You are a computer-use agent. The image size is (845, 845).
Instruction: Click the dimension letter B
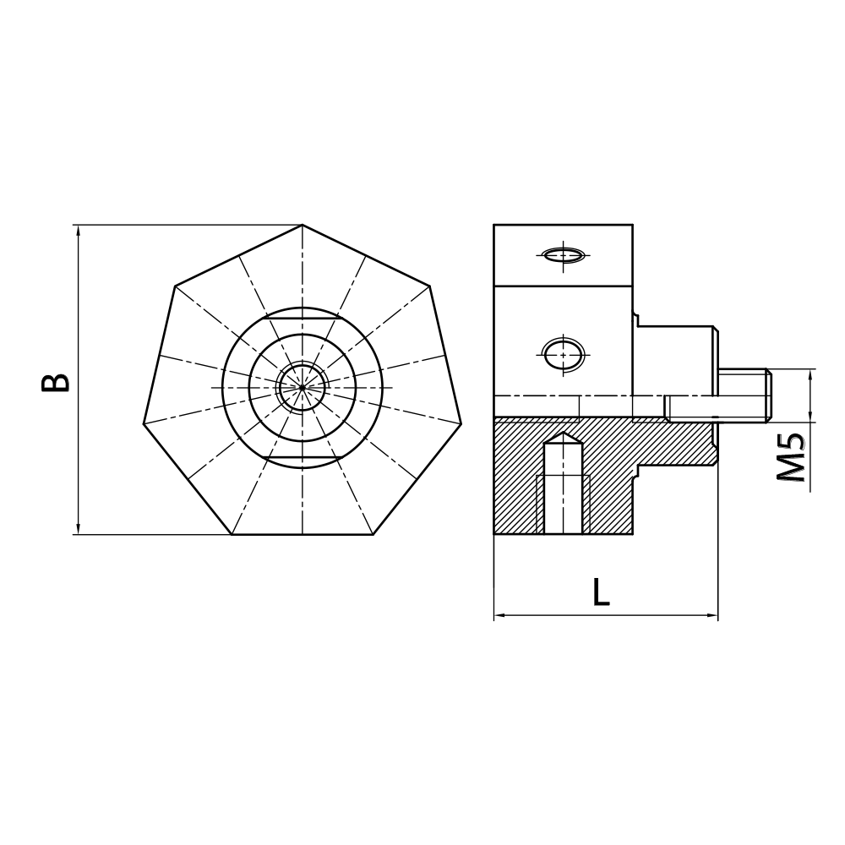pyautogui.click(x=56, y=382)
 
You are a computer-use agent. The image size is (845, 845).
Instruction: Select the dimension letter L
pyautogui.click(x=600, y=592)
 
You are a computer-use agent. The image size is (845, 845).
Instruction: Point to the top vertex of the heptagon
pyautogui.click(x=303, y=225)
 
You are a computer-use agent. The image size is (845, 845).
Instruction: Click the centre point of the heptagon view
pyautogui.click(x=303, y=387)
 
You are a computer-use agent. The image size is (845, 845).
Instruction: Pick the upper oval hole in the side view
pyautogui.click(x=563, y=254)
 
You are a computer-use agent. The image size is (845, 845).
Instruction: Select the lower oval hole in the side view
pyautogui.click(x=563, y=354)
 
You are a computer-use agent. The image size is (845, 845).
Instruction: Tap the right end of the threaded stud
pyautogui.click(x=769, y=395)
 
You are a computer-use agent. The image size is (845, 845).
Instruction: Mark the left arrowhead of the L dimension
pyautogui.click(x=499, y=615)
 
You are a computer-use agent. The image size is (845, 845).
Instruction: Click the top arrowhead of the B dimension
pyautogui.click(x=78, y=231)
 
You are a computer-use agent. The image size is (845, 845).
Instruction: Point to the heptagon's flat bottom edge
pyautogui.click(x=303, y=534)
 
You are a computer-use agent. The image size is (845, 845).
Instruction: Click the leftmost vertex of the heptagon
pyautogui.click(x=144, y=422)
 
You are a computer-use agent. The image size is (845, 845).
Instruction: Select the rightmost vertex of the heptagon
pyautogui.click(x=461, y=422)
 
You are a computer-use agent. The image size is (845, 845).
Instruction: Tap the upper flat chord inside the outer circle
pyautogui.click(x=303, y=318)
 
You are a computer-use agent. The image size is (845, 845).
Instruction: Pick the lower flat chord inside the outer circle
pyautogui.click(x=303, y=457)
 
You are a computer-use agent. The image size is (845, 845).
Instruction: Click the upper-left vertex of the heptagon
pyautogui.click(x=175, y=286)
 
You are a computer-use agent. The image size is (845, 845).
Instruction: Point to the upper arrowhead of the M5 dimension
pyautogui.click(x=810, y=374)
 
